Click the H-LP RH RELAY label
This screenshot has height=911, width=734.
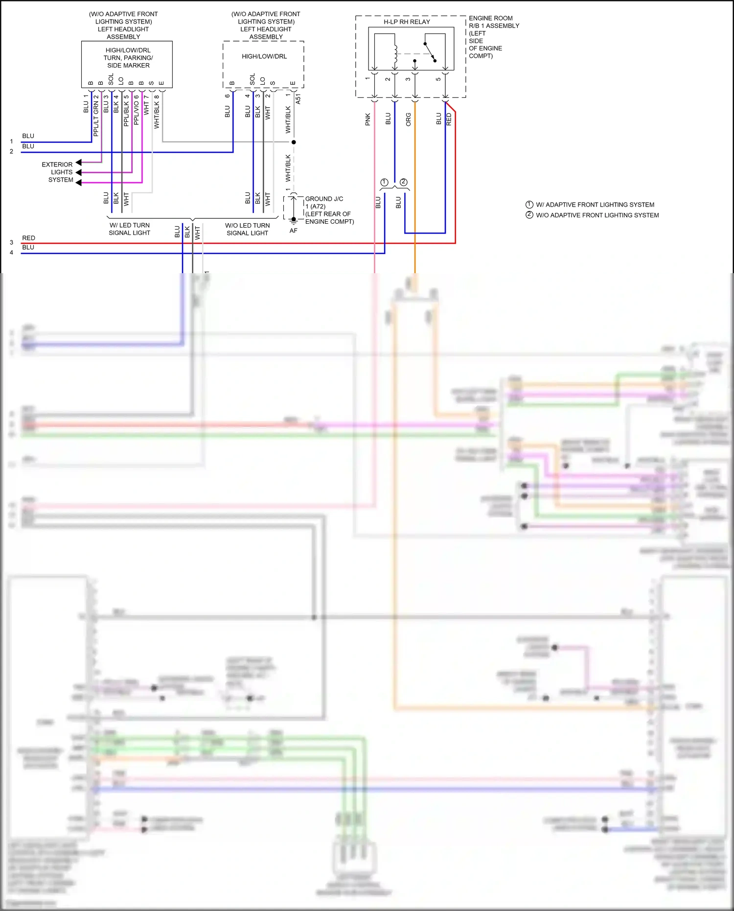pyautogui.click(x=407, y=22)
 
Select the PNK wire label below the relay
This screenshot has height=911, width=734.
pyautogui.click(x=368, y=119)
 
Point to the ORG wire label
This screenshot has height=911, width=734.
pyautogui.click(x=409, y=119)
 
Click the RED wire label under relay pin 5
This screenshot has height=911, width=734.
pyautogui.click(x=449, y=119)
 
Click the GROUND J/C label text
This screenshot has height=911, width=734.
pyautogui.click(x=324, y=199)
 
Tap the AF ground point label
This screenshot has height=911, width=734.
pyautogui.click(x=293, y=231)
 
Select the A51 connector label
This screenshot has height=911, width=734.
pyautogui.click(x=298, y=99)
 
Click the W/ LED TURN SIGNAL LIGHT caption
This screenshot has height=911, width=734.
pyautogui.click(x=130, y=229)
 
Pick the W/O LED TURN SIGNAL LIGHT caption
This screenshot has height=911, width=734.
pyautogui.click(x=247, y=229)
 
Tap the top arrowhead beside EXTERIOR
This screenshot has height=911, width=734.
pyautogui.click(x=78, y=163)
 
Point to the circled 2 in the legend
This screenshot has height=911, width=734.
pyautogui.click(x=529, y=215)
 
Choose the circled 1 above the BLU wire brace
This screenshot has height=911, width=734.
pyautogui.click(x=384, y=182)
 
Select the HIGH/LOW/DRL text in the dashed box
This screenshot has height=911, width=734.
pyautogui.click(x=264, y=56)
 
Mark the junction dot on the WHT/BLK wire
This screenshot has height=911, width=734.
pyautogui.click(x=294, y=142)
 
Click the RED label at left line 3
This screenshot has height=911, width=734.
pyautogui.click(x=28, y=238)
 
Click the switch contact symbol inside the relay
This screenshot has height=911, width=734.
pyautogui.click(x=430, y=52)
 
